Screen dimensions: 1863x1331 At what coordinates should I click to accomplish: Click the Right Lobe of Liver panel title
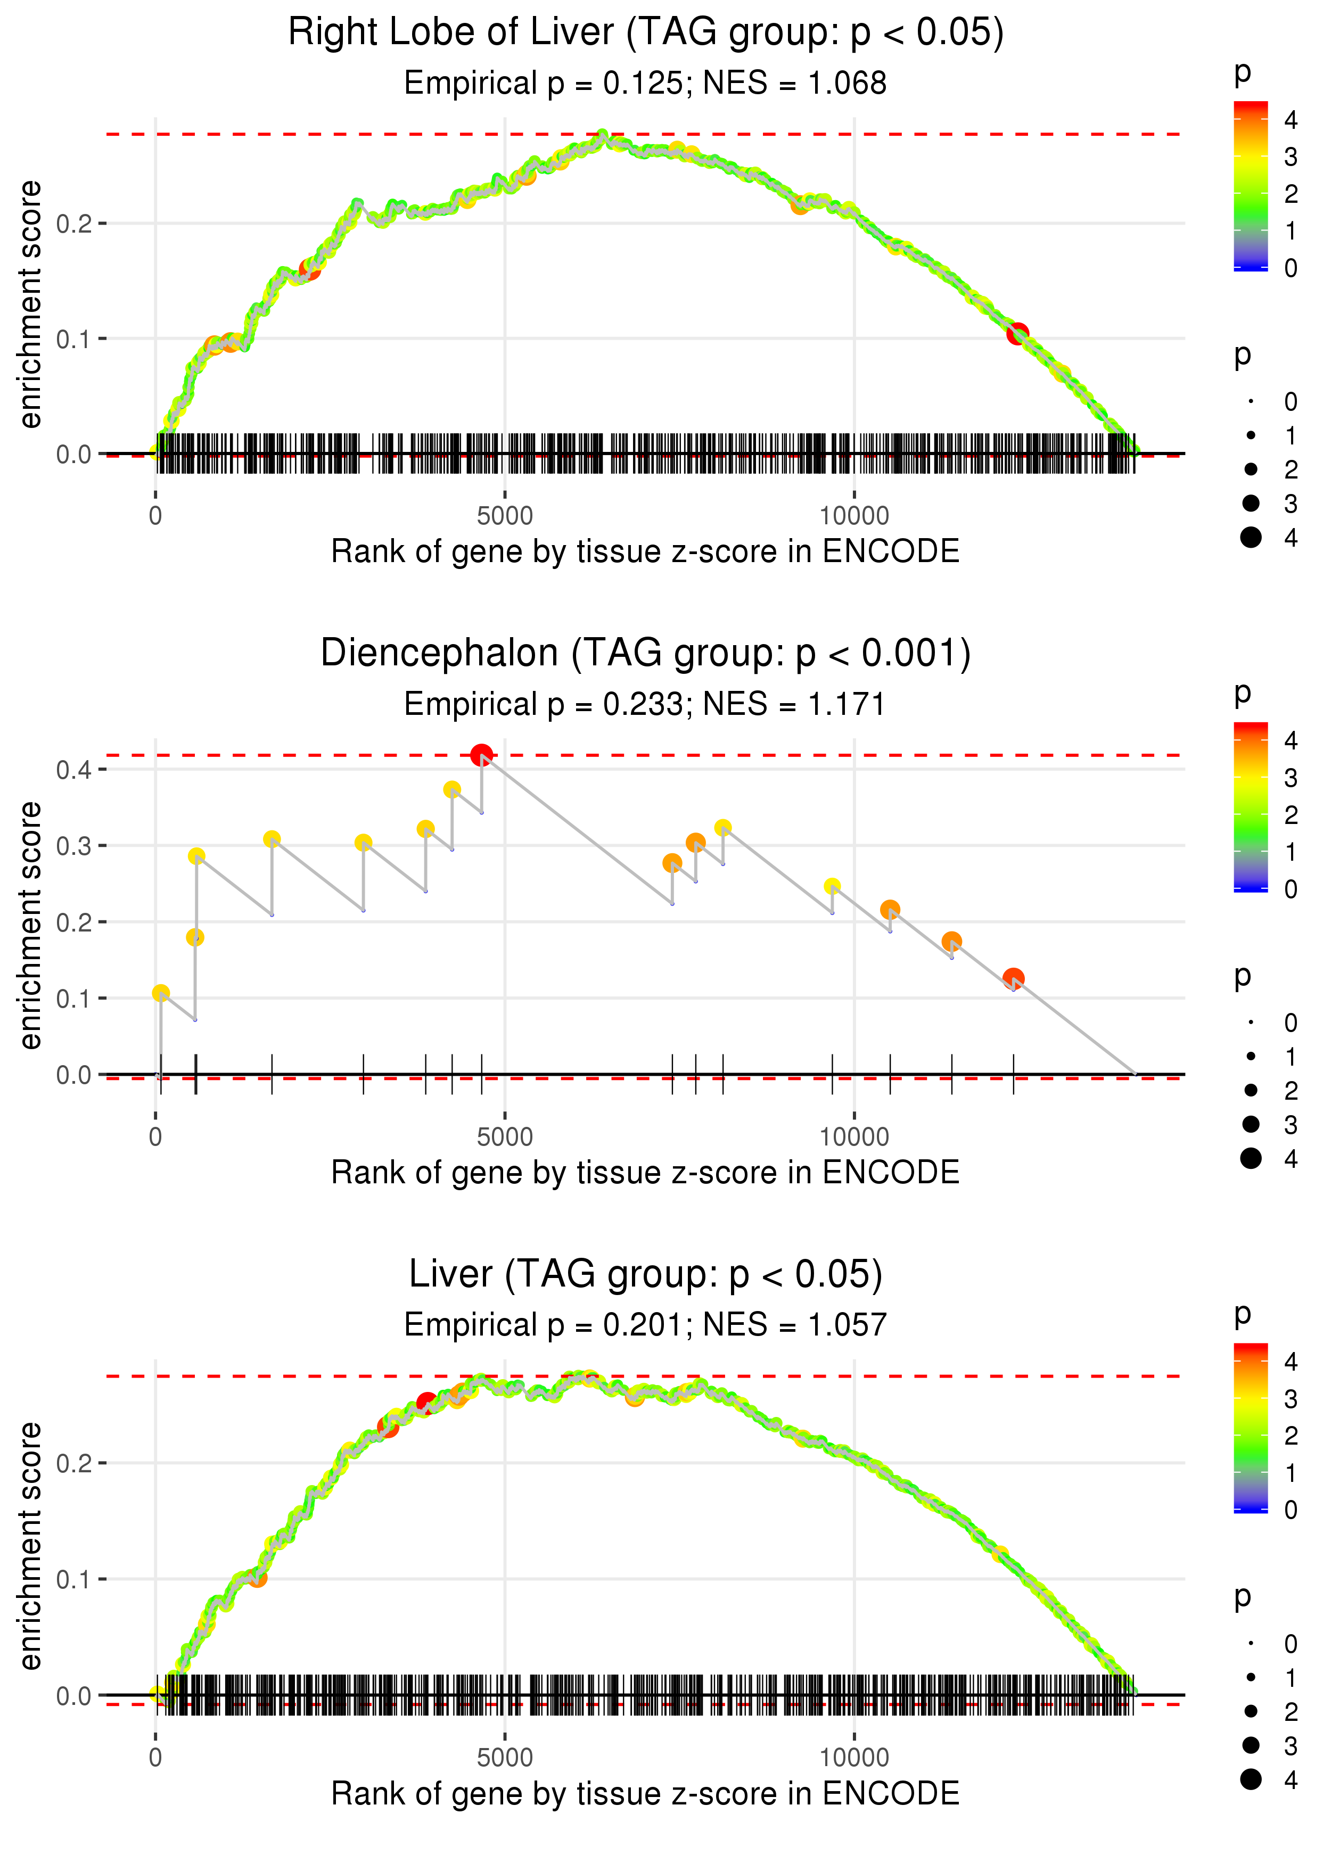click(645, 33)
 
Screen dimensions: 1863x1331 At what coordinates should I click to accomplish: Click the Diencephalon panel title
click(645, 653)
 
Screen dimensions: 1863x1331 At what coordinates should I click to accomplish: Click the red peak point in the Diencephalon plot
click(481, 755)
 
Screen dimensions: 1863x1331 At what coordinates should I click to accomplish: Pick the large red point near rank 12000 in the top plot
click(1017, 333)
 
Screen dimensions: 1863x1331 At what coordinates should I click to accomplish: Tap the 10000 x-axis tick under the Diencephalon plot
click(854, 1136)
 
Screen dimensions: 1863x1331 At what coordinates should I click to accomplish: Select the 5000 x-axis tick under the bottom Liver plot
click(504, 1757)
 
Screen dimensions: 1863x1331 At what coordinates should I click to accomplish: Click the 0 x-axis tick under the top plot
click(155, 516)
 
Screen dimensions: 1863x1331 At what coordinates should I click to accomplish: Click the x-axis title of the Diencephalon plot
click(645, 1173)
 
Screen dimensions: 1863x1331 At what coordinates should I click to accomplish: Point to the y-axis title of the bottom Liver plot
click(30, 1545)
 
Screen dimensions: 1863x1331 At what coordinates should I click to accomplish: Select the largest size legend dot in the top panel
click(1251, 538)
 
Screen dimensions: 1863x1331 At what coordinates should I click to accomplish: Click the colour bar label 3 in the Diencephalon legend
click(1290, 778)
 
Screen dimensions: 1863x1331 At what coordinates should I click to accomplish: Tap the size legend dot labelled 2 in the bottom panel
click(1251, 1711)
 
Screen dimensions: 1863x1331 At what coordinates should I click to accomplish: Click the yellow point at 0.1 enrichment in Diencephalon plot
click(161, 993)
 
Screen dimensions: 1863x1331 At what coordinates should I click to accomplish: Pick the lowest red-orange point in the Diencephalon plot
click(1013, 978)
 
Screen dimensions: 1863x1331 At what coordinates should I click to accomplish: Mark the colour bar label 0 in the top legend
click(1290, 268)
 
